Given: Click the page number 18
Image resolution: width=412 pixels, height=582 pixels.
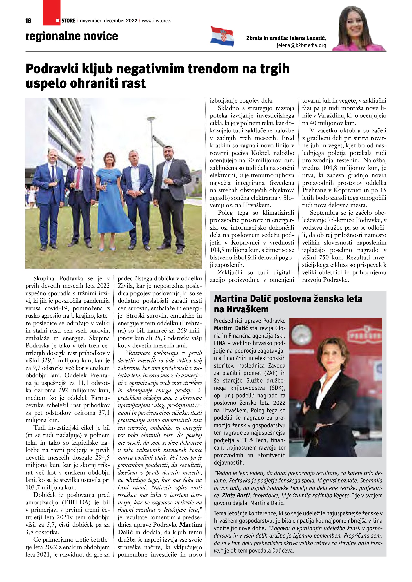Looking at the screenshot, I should (x=29, y=21).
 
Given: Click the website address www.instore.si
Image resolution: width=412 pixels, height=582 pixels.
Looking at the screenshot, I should (x=157, y=21).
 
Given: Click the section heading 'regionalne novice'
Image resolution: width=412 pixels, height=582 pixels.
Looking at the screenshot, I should (x=72, y=36).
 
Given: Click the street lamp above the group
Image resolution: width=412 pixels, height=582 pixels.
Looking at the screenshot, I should (x=152, y=119).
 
